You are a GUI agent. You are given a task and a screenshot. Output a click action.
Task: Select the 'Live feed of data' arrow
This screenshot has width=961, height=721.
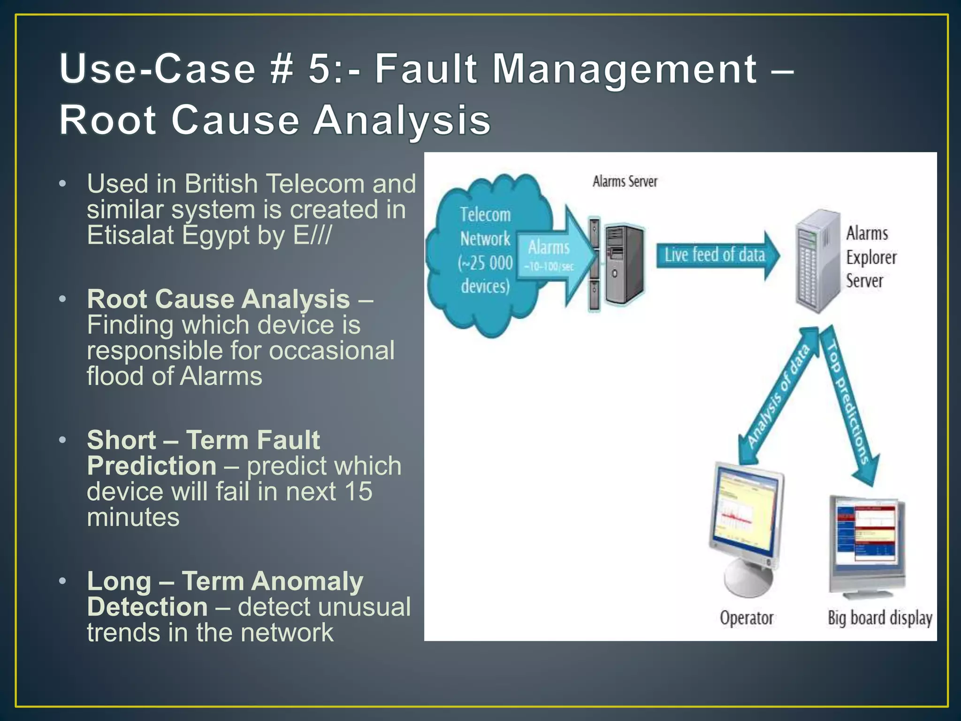(716, 255)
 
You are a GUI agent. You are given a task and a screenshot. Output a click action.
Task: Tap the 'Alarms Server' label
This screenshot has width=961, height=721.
(625, 181)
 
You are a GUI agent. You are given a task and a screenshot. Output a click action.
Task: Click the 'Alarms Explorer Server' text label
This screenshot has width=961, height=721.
(871, 257)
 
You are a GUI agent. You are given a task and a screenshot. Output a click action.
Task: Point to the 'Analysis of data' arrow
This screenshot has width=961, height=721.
(778, 394)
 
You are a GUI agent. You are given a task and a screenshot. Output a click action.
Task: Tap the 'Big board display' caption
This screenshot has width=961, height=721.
(879, 618)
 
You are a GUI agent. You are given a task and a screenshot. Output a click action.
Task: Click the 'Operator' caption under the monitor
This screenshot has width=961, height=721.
(746, 618)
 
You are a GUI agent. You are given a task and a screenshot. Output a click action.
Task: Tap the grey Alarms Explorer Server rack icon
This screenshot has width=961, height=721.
(816, 261)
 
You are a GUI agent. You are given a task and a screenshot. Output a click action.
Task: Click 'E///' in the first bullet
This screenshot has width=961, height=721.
(313, 235)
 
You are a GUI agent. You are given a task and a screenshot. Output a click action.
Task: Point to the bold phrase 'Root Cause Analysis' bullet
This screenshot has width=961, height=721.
(219, 299)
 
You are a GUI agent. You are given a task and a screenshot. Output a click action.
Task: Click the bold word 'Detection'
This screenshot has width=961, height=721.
(147, 607)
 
